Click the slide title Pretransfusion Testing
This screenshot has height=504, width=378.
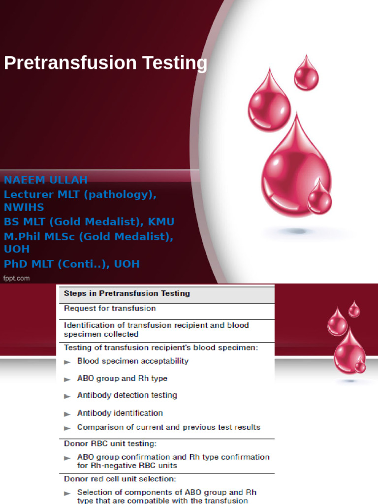click(105, 63)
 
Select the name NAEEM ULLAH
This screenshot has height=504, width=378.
click(46, 179)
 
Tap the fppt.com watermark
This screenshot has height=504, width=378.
click(17, 278)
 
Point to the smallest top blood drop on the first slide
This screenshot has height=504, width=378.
click(306, 74)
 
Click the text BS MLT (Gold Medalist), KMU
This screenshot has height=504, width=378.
click(89, 221)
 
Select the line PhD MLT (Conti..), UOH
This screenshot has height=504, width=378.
click(72, 264)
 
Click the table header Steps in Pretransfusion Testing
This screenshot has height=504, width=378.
click(126, 293)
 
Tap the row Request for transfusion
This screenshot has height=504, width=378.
click(110, 309)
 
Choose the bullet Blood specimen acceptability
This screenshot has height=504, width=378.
click(133, 361)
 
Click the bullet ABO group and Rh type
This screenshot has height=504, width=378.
click(122, 378)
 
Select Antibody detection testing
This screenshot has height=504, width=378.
click(127, 395)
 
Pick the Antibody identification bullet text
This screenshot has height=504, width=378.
click(120, 413)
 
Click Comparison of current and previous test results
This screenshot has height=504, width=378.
click(169, 427)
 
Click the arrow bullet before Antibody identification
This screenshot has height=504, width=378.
click(67, 414)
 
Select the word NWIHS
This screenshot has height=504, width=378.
click(24, 207)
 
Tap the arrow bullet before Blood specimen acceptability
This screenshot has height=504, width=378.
click(67, 362)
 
